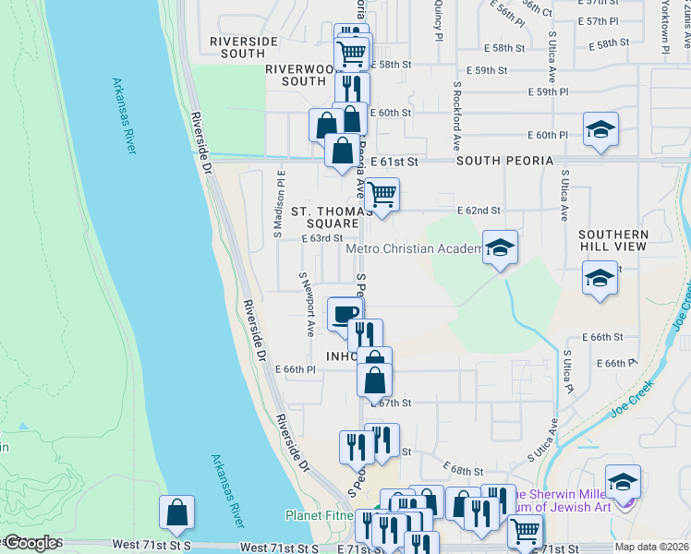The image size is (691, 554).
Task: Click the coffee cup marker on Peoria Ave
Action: click(345, 314)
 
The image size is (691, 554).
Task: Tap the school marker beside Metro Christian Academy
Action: click(500, 247)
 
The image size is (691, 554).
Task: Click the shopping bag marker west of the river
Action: click(176, 512)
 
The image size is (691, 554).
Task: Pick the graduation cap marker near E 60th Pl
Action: click(600, 130)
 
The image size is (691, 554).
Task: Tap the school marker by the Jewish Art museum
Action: click(624, 482)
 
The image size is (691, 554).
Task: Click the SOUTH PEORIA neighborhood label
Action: click(504, 161)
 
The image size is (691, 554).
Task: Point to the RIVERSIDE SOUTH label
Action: click(244, 47)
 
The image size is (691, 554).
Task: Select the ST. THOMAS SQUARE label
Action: click(324, 217)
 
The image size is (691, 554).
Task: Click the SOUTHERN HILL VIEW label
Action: click(613, 241)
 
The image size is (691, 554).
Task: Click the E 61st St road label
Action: click(394, 161)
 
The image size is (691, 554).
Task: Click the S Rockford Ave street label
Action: click(457, 115)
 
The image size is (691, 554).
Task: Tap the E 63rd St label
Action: click(322, 238)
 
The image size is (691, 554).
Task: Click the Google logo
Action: click(32, 543)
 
